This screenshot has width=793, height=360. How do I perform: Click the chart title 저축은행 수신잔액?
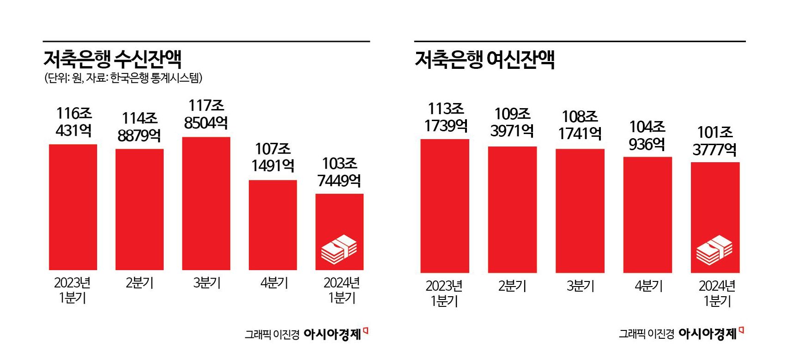pos(112,59)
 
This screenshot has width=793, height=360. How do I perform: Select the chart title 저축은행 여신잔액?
pos(484,60)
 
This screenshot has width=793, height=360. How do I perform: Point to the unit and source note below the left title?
pos(123,78)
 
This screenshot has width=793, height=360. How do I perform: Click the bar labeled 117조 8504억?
pos(206,203)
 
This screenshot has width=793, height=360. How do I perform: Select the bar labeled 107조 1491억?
pos(272,225)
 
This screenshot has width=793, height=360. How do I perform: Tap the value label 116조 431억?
pos(73,122)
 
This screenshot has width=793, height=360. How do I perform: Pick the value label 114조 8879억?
pos(139,127)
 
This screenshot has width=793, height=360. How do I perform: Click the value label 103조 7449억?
pos(339,172)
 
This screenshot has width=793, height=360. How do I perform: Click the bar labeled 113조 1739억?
pos(444,206)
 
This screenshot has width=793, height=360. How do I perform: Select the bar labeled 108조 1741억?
pos(580,211)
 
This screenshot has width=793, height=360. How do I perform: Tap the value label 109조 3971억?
pos(512,122)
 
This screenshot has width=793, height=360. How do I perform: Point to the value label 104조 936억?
pos(647,135)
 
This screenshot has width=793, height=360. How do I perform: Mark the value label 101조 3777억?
pos(714,141)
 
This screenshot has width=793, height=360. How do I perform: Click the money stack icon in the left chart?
pos(339,250)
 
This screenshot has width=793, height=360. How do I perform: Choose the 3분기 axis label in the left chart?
pos(206,283)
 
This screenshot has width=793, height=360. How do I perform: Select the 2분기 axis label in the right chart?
pos(512,286)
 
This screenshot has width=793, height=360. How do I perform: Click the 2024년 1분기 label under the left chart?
pos(341,290)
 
